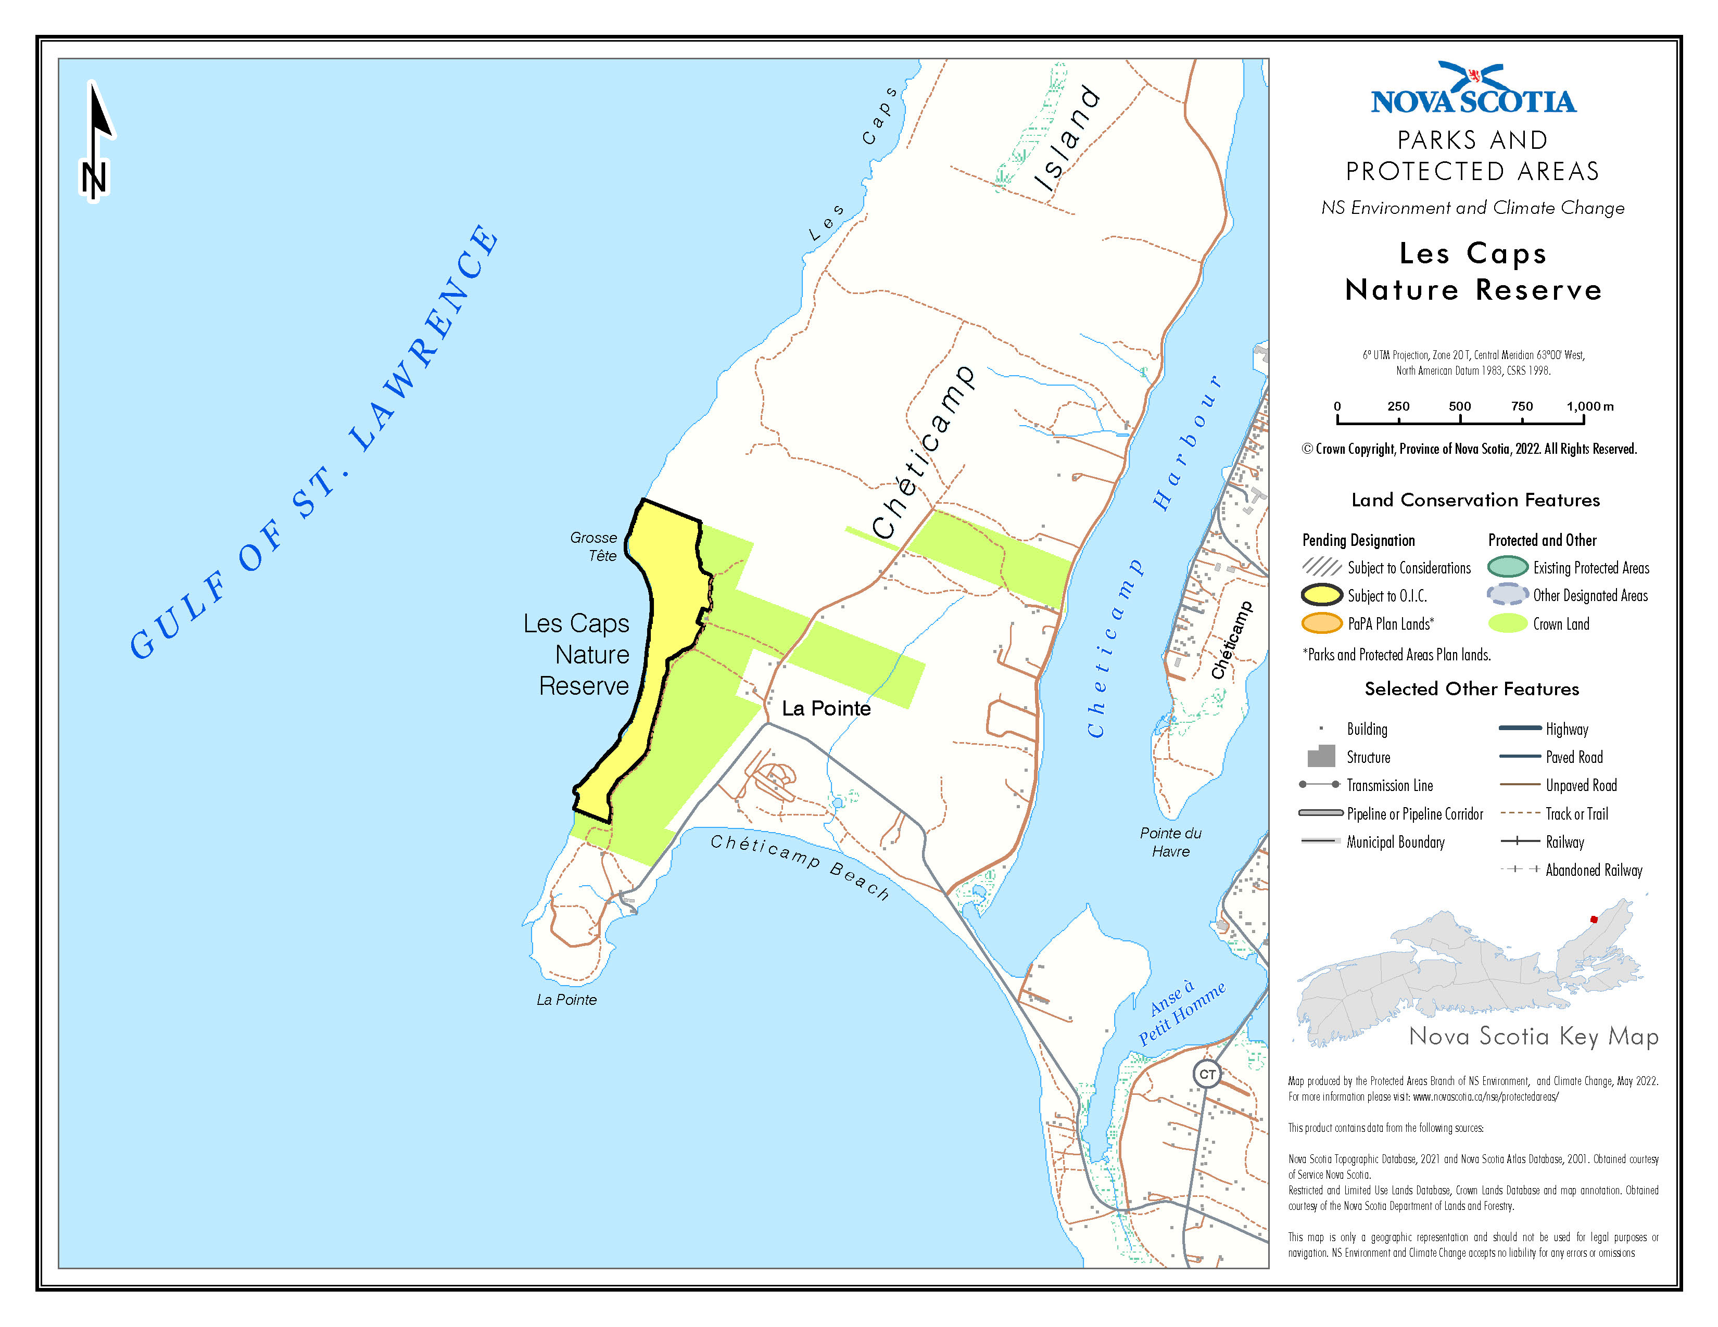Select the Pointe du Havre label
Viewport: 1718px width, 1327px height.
(x=1170, y=842)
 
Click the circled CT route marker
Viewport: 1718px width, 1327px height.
(x=1207, y=1074)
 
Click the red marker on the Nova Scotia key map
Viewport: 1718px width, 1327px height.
(x=1594, y=919)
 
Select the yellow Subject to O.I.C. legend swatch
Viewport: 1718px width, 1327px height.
(x=1321, y=595)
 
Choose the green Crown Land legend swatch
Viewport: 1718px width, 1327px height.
(x=1507, y=623)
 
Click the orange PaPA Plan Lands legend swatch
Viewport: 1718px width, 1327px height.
(x=1321, y=623)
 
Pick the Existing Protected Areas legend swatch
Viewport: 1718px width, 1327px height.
(x=1507, y=567)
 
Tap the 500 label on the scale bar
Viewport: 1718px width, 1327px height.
(x=1459, y=406)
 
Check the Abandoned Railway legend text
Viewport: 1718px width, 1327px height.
(x=1594, y=870)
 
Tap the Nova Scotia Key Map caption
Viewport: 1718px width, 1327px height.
(x=1533, y=1036)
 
